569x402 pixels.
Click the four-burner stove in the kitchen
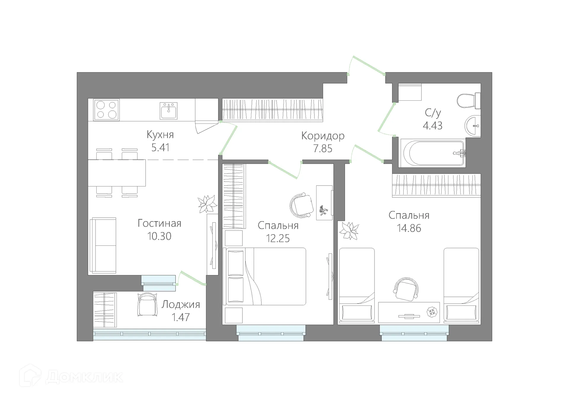pos(106,110)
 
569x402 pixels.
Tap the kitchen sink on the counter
pos(168,111)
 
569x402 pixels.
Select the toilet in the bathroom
pos(468,101)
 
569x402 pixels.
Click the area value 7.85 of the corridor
pos(323,149)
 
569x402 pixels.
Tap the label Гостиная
pos(159,223)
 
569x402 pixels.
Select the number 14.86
pos(409,228)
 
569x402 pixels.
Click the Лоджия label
pos(180,304)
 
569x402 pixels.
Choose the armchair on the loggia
pos(147,304)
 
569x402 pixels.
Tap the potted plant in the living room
pos(207,204)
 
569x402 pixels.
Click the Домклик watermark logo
pos(71,377)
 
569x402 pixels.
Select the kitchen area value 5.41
pos(160,147)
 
